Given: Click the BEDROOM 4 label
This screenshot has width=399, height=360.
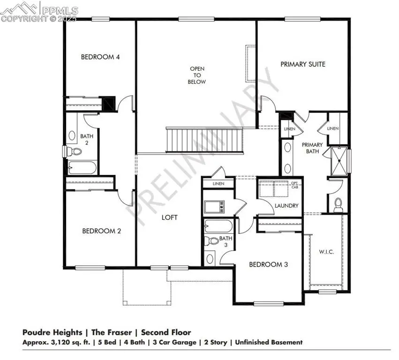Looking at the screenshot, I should [x=100, y=57].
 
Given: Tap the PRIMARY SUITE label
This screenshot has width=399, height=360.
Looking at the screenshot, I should [x=302, y=64].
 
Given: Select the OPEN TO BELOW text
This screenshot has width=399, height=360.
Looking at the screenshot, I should [x=197, y=75].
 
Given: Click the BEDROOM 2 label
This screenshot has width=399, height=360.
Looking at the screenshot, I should [x=102, y=231].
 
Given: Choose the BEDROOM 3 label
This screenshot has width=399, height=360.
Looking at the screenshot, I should [x=268, y=264].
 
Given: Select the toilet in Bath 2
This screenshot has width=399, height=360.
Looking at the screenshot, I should [x=75, y=151].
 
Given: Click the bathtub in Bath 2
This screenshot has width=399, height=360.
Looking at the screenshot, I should [x=83, y=167].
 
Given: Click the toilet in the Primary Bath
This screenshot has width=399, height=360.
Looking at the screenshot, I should [x=338, y=203].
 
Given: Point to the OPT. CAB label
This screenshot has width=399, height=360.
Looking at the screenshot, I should [x=295, y=184].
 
